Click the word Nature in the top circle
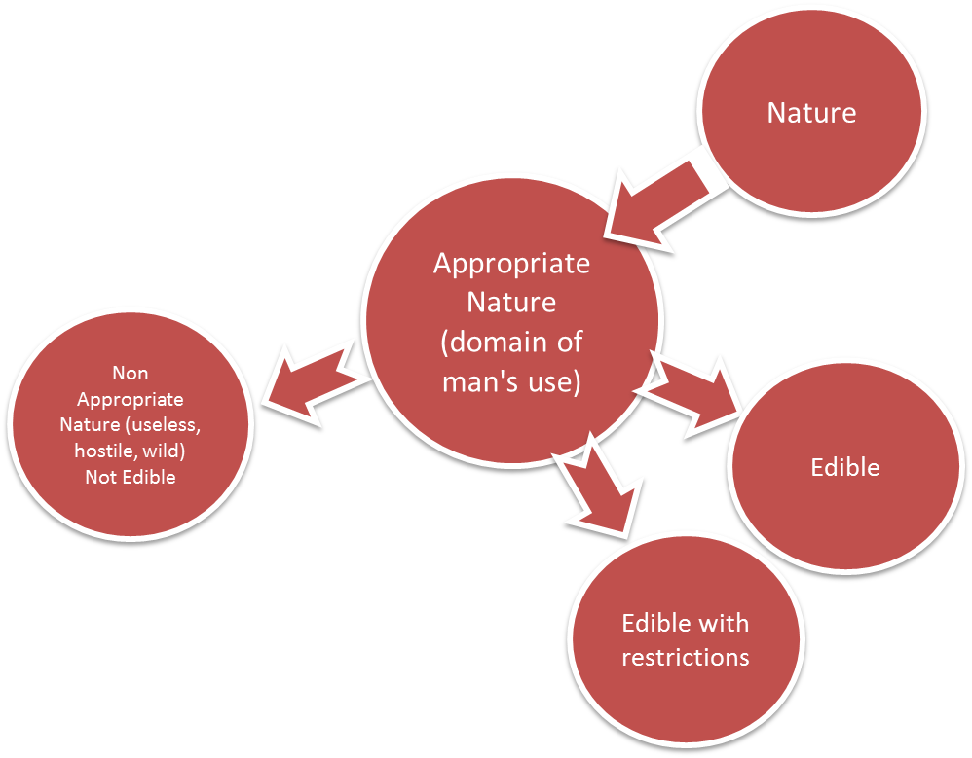point(811,113)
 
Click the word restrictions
point(685,657)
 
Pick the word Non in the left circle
point(130,373)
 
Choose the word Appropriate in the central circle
point(511,264)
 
